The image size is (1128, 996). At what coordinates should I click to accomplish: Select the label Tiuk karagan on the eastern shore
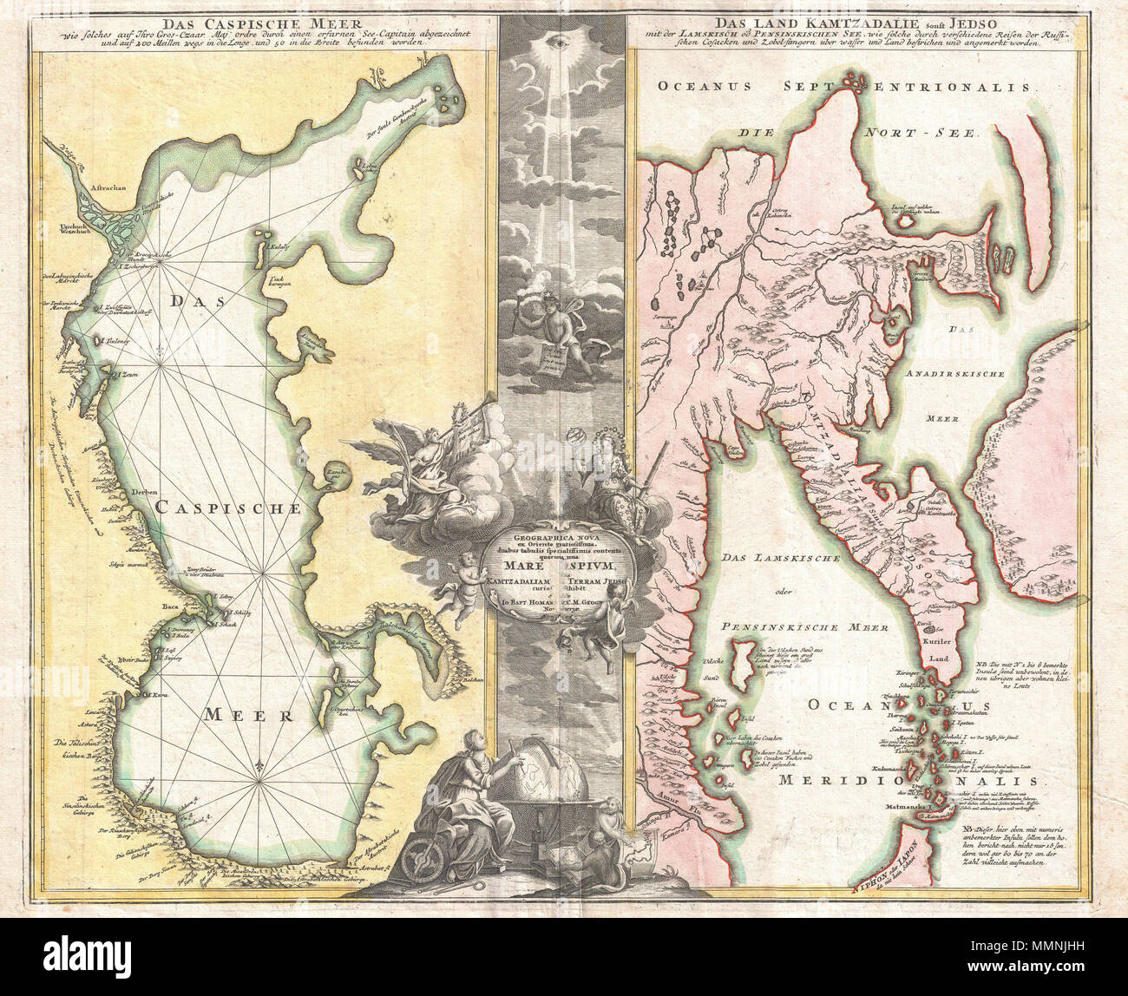point(279,282)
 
